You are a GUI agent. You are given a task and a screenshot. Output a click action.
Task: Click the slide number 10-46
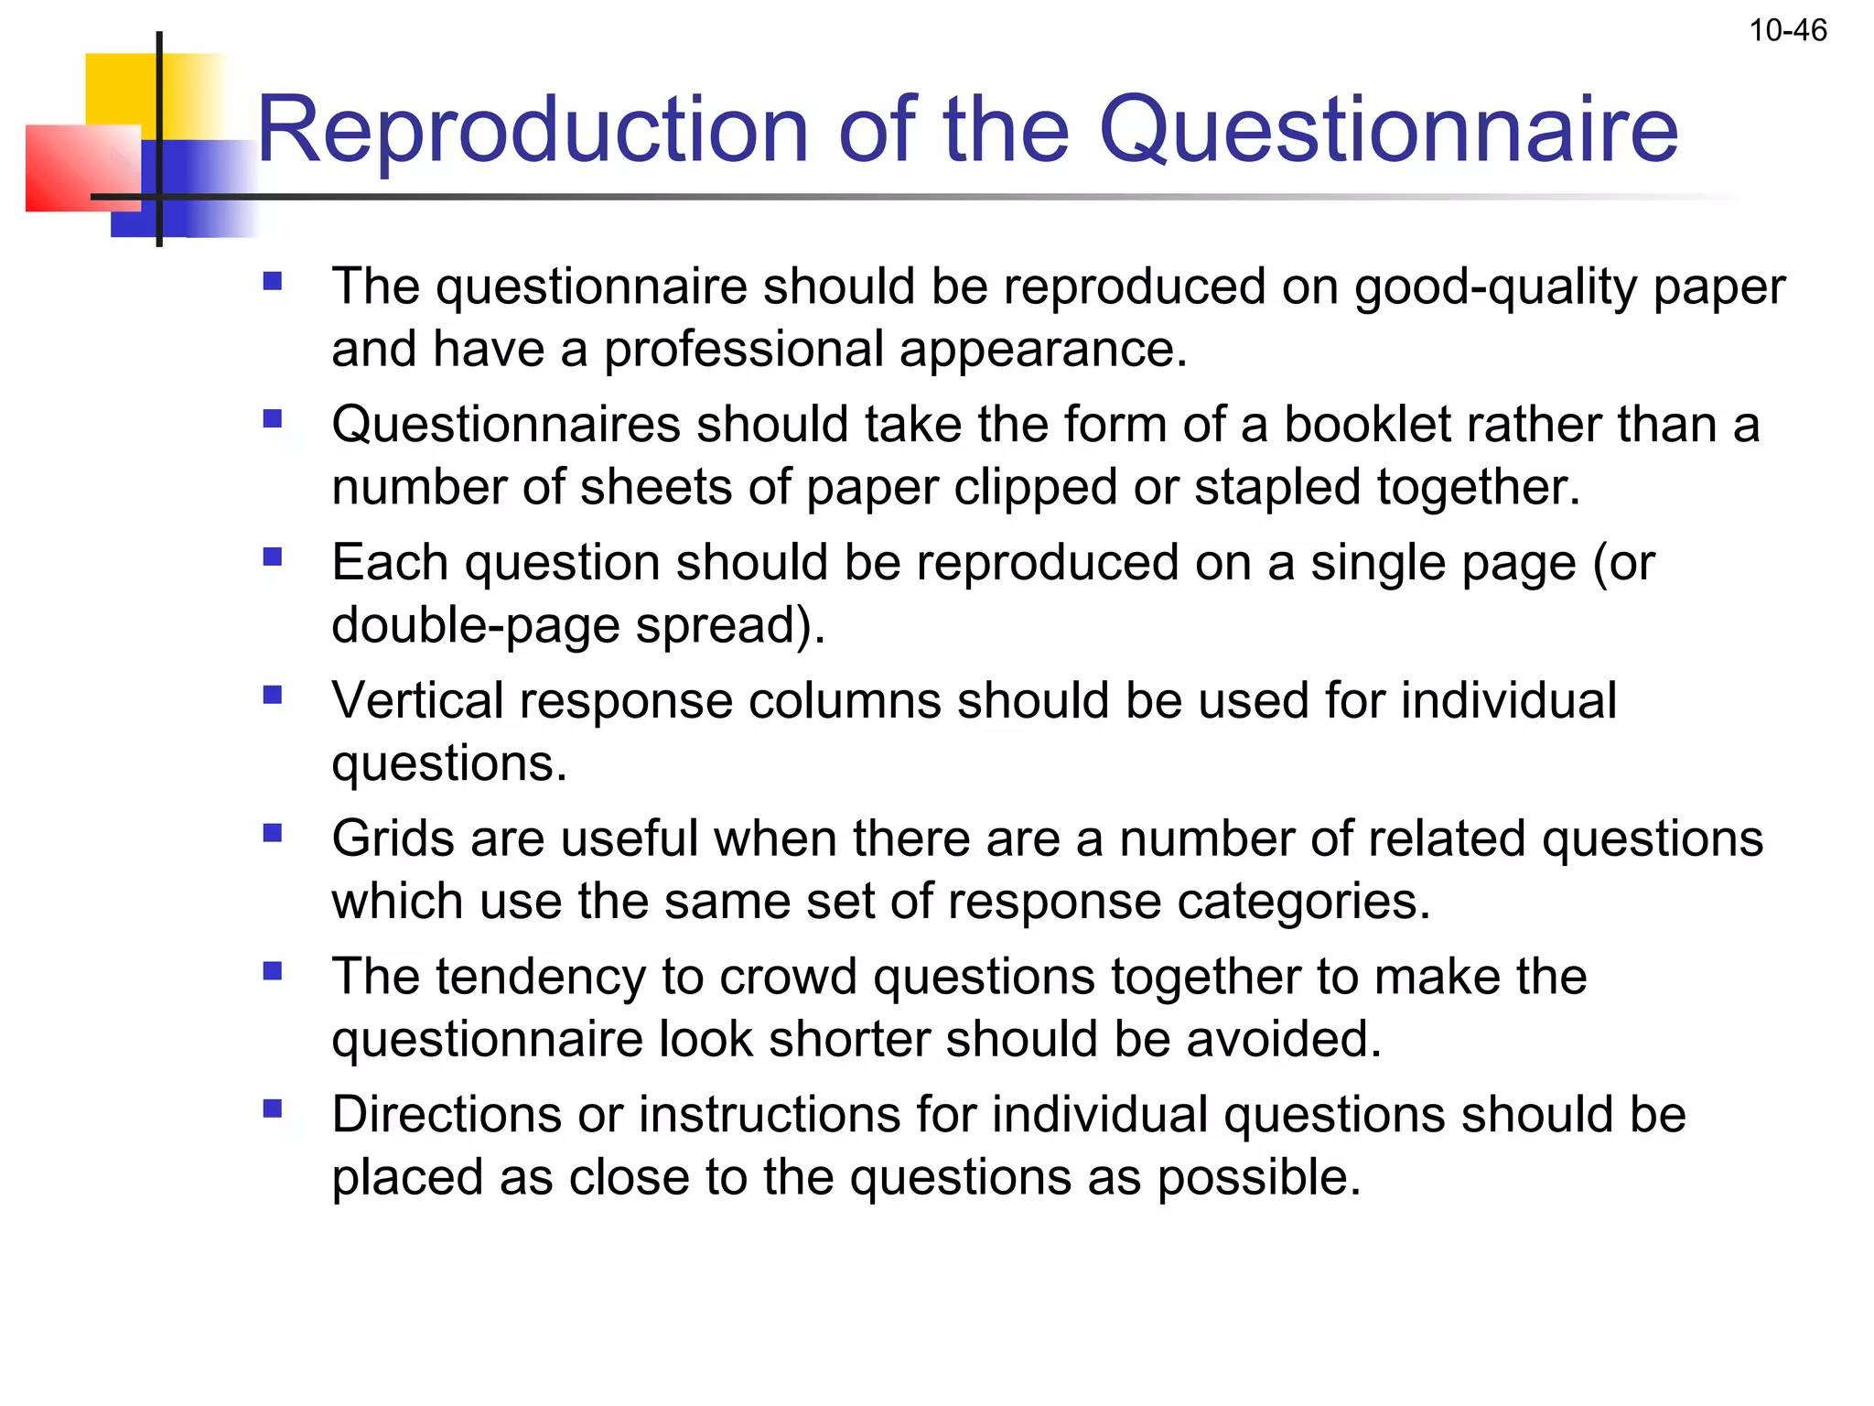point(1788,31)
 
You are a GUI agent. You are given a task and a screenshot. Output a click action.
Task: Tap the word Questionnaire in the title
point(1388,130)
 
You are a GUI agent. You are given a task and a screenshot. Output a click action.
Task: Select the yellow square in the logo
point(119,87)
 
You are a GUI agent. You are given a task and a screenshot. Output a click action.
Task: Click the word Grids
point(393,838)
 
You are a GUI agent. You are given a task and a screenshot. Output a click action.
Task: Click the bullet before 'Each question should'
point(272,557)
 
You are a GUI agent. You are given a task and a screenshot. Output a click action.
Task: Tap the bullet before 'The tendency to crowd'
point(272,971)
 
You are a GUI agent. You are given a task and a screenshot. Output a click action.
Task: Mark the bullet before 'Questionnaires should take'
point(272,419)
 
